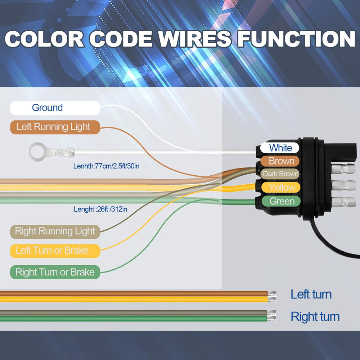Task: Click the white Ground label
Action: pyautogui.click(x=55, y=108)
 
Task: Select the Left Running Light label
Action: pyautogui.click(x=55, y=127)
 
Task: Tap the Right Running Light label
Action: pyautogui.click(x=55, y=231)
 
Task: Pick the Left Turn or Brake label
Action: pyautogui.click(x=55, y=251)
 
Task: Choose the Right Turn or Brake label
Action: pyautogui.click(x=55, y=272)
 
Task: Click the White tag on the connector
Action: pyautogui.click(x=280, y=148)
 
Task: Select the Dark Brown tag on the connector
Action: pyautogui.click(x=280, y=174)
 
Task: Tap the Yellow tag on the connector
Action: pyautogui.click(x=281, y=187)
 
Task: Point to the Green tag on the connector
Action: pyautogui.click(x=281, y=201)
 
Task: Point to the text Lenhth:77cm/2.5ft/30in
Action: pyautogui.click(x=106, y=166)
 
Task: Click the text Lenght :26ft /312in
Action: pyautogui.click(x=100, y=209)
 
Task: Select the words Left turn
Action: pyautogui.click(x=311, y=294)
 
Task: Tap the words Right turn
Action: pyautogui.click(x=315, y=316)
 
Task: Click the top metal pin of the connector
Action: pyautogui.click(x=343, y=169)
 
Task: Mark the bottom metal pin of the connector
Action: pyautogui.click(x=343, y=202)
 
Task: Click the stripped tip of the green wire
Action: pyautogui.click(x=272, y=318)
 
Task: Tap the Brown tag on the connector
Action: pyautogui.click(x=280, y=161)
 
